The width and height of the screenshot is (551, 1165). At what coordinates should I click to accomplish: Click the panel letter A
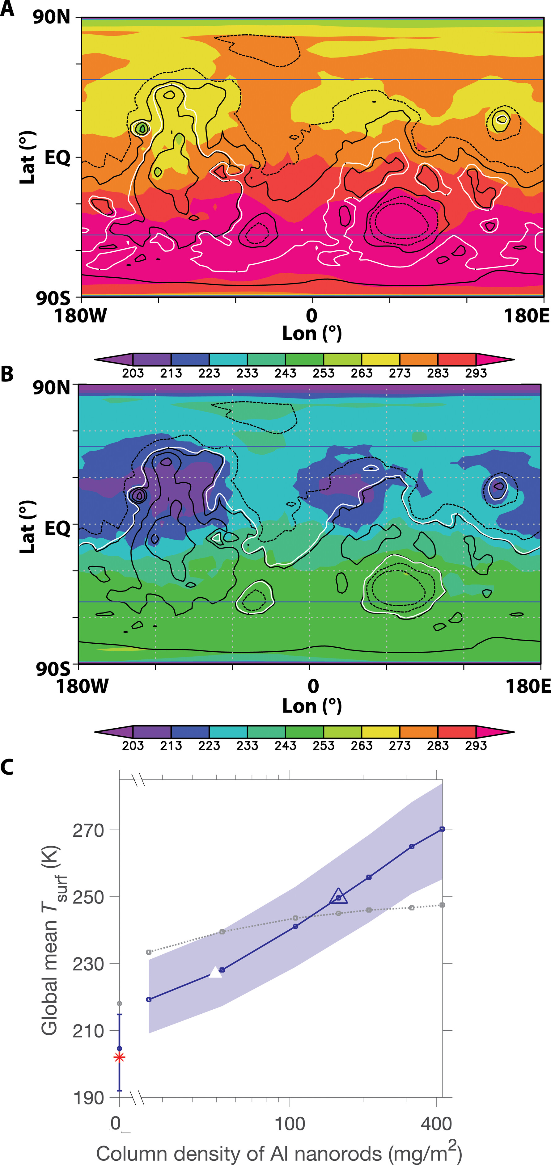(7, 9)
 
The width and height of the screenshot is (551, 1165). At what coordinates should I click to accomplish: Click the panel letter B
(7, 374)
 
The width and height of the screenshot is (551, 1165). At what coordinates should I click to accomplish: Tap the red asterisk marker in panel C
(119, 1058)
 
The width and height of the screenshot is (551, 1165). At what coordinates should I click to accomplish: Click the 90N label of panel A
(52, 17)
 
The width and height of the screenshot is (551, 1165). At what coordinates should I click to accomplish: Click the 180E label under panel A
(526, 316)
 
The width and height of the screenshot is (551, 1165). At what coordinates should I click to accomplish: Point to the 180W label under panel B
(82, 686)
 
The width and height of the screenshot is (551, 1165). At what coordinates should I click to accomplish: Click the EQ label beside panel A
(57, 158)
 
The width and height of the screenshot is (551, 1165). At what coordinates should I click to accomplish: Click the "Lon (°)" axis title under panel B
(312, 706)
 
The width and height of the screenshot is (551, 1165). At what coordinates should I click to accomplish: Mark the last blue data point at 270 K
(442, 829)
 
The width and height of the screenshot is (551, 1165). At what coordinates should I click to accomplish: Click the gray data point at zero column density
(119, 1003)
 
